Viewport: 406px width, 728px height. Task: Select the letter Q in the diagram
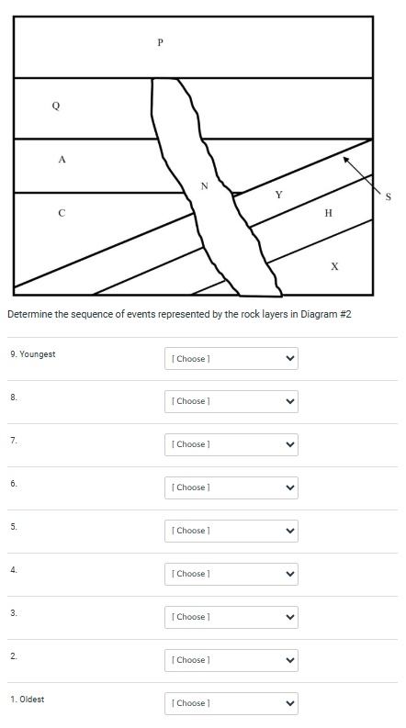pos(56,106)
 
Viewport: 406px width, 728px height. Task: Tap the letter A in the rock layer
pos(62,160)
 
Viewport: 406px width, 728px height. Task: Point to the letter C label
pos(62,213)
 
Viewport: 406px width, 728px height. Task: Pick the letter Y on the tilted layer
pos(279,194)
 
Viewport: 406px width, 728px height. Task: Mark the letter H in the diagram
pos(329,213)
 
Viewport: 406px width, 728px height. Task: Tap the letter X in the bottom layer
pos(334,266)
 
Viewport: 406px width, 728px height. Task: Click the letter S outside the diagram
pos(389,196)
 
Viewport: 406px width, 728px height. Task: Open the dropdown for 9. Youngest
pos(231,358)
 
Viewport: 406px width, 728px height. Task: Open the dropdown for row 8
pos(231,401)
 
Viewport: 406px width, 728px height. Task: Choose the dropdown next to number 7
pos(231,444)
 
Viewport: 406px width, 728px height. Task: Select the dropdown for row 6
pos(231,487)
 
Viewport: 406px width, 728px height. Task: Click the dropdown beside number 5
pos(231,531)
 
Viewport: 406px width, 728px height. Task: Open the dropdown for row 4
pos(231,574)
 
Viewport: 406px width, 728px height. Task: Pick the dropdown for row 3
pos(231,617)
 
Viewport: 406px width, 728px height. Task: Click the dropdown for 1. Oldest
pos(231,703)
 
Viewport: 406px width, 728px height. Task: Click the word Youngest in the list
pos(38,354)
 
